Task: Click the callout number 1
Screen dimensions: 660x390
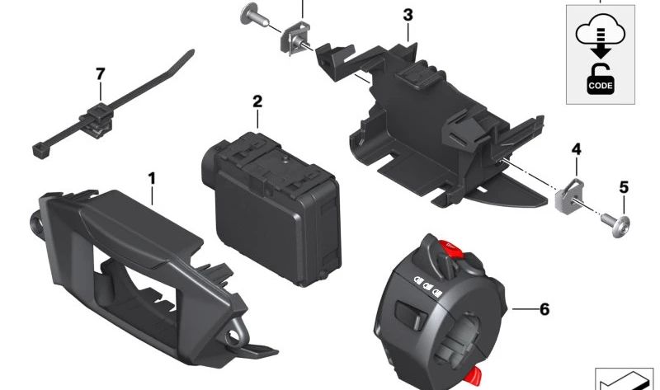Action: [152, 179]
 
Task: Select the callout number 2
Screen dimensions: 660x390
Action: [257, 101]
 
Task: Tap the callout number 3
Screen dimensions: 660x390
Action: [408, 15]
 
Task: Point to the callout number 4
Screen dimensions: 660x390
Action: [576, 149]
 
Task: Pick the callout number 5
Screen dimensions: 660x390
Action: [624, 187]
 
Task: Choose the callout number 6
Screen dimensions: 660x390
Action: [544, 309]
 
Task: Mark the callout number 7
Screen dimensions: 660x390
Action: [100, 74]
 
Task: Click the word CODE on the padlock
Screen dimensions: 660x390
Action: [601, 86]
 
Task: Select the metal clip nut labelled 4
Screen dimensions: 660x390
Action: [568, 195]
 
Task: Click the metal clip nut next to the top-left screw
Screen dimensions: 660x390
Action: [295, 38]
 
